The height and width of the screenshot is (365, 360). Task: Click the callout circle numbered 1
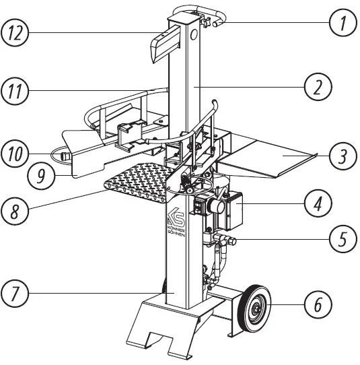pyautogui.click(x=343, y=26)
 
